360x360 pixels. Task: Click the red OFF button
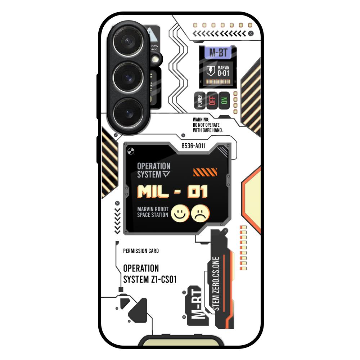point(212,100)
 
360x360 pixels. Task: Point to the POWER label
point(200,101)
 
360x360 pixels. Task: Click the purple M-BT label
point(218,53)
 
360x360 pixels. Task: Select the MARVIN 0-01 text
point(223,71)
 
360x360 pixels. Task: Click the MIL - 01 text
point(173,192)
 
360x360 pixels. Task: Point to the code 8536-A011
point(193,146)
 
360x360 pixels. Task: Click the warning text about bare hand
point(208,125)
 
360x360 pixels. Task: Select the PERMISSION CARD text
point(141,251)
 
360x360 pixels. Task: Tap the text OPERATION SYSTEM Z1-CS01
point(150,274)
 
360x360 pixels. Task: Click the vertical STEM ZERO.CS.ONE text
point(216,284)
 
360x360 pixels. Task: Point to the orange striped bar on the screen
point(205,172)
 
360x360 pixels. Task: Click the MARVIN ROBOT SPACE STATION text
point(153,212)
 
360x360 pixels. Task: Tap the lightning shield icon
point(211,71)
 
